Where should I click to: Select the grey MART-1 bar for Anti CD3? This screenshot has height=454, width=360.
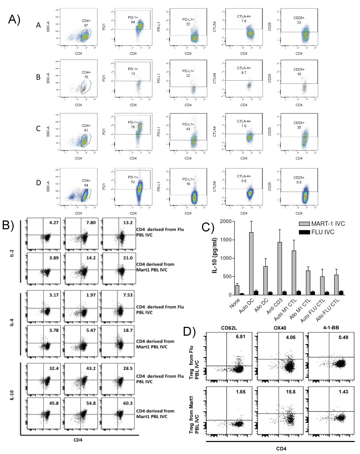(x=279, y=268)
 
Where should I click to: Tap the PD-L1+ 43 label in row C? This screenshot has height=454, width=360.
(x=188, y=127)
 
